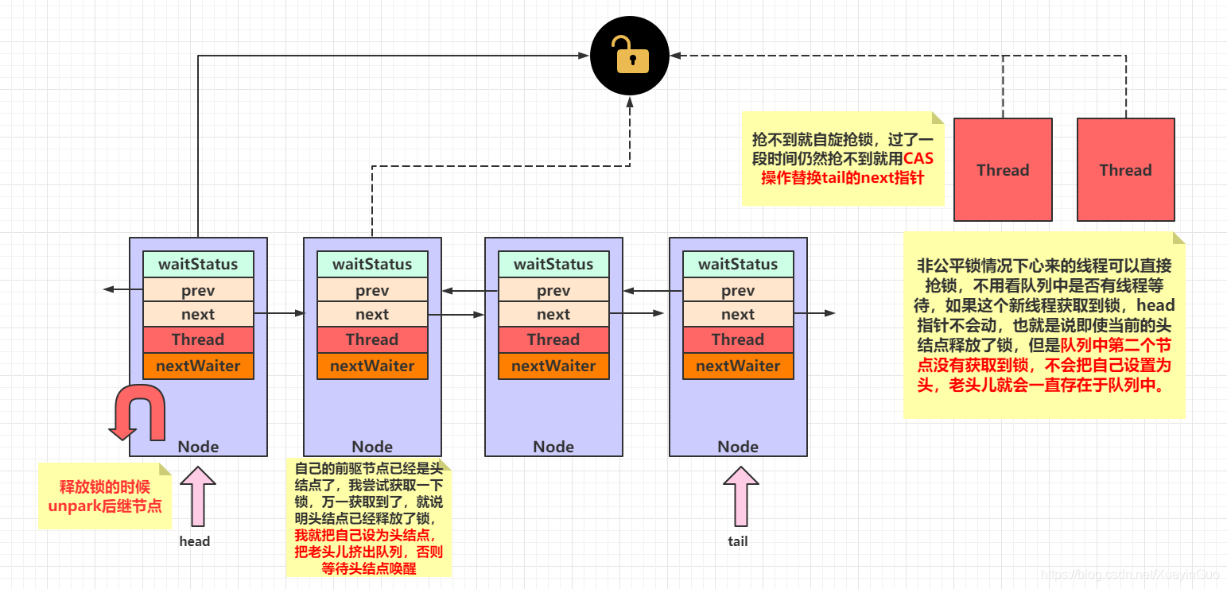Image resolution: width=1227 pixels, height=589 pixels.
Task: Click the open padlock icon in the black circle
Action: pos(630,56)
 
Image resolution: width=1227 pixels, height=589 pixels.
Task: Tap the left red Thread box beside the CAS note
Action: pos(1003,169)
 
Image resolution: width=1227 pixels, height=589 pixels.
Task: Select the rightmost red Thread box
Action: pos(1125,169)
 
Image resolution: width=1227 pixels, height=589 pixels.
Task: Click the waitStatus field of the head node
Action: pos(198,264)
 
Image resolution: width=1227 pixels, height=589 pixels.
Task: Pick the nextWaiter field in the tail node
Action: pos(738,366)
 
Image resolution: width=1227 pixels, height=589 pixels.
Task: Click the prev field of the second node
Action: pos(372,290)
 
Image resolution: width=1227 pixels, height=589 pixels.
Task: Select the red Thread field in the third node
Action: pos(553,339)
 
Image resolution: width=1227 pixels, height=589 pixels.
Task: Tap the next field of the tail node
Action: pos(738,314)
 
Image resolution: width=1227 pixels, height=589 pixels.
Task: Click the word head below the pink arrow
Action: pos(195,541)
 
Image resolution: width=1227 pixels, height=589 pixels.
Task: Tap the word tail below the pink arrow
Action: pos(738,541)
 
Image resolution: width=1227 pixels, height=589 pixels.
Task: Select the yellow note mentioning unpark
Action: pos(105,496)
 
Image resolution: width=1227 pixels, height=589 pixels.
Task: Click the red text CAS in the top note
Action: pos(918,159)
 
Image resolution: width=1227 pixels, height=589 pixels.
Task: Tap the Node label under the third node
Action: pos(553,446)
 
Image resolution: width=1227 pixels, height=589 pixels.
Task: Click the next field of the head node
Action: pos(198,314)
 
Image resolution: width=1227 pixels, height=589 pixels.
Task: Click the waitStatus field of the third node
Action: pos(553,264)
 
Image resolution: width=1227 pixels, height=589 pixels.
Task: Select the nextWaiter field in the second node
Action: pos(372,366)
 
